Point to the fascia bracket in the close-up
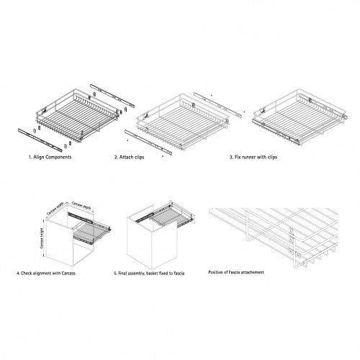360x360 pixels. point(290,234)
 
